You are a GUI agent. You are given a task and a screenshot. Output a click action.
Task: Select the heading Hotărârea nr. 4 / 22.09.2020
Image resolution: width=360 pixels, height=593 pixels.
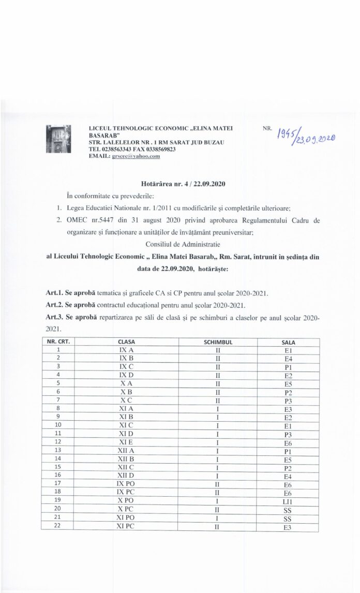click(x=183, y=184)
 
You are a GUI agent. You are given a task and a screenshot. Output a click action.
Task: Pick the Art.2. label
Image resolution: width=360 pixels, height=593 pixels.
click(x=54, y=305)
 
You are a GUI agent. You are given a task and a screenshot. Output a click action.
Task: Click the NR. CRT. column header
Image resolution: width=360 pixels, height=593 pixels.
click(x=58, y=342)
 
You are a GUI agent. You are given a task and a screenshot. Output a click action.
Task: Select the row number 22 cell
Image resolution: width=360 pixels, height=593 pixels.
click(x=58, y=527)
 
